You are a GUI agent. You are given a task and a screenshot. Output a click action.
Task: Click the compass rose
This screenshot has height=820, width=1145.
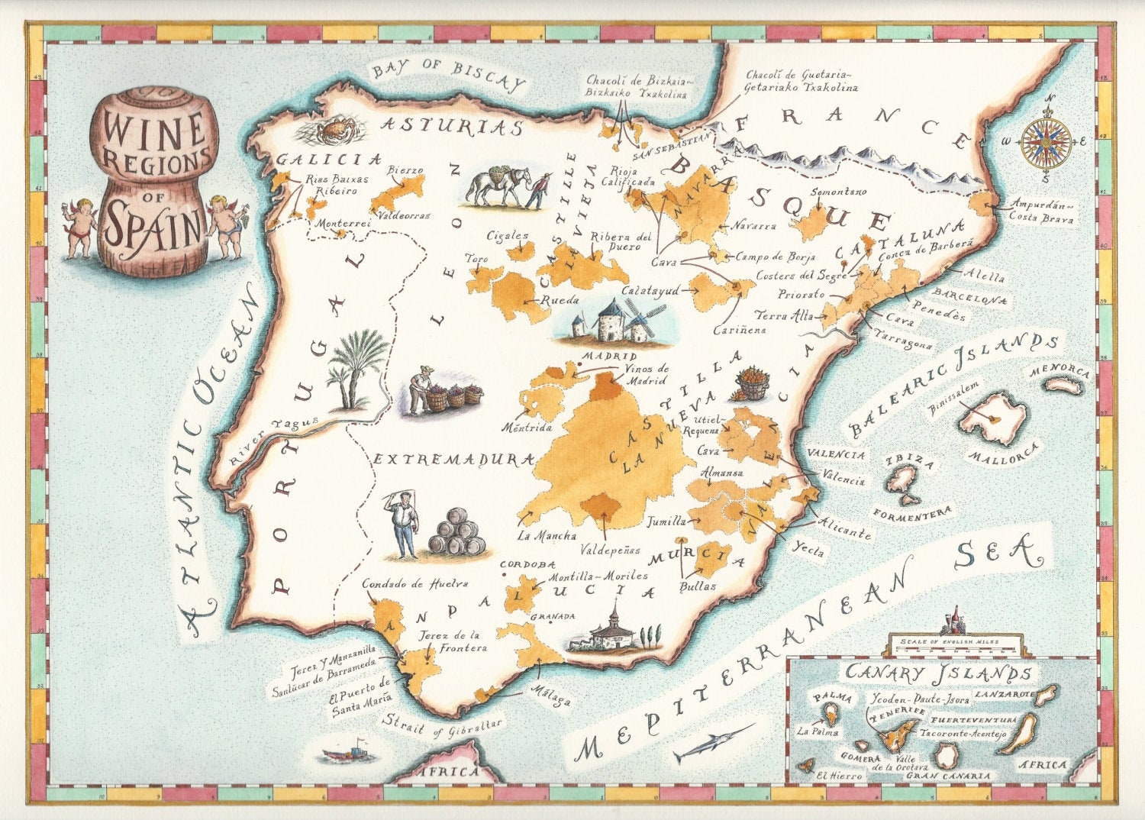1047,142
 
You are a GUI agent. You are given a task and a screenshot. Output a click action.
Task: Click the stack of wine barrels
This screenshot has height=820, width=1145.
456,532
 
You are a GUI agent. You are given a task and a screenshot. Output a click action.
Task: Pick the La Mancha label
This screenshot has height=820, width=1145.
547,535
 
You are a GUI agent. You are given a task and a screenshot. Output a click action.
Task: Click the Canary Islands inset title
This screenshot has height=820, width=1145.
938,673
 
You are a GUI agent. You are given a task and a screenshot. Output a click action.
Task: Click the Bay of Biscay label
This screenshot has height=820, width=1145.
449,73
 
